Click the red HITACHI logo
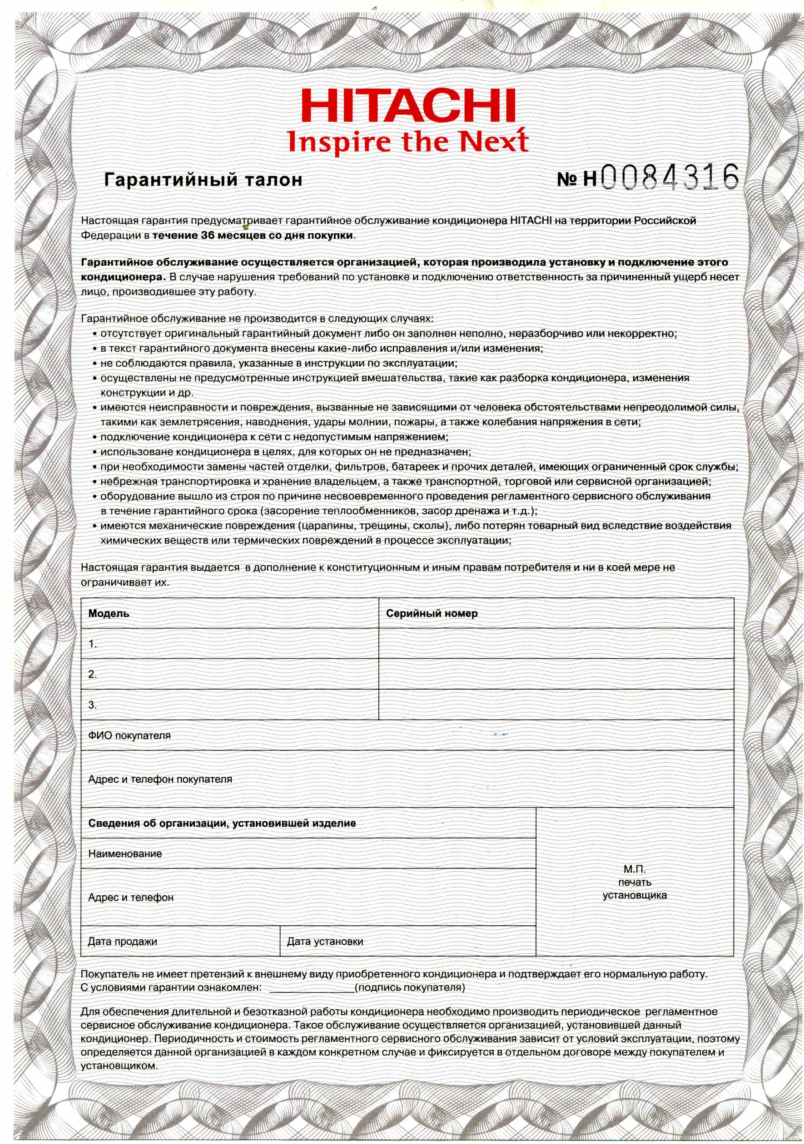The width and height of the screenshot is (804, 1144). tap(408, 105)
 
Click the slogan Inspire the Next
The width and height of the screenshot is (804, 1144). tap(408, 141)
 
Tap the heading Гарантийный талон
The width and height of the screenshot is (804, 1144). tap(203, 180)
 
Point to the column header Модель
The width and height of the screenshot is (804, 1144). tap(109, 613)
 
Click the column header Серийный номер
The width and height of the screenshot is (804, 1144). tap(432, 613)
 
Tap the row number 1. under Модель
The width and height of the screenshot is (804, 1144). tap(93, 644)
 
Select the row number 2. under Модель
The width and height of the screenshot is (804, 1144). tap(93, 674)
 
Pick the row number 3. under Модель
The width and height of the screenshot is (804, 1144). tap(93, 705)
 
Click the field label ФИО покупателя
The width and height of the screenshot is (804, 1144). tap(129, 735)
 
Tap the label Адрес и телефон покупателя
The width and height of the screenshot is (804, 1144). tap(160, 779)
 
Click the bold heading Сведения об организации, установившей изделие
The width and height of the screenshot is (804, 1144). tap(222, 823)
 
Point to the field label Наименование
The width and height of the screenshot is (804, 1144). tap(125, 853)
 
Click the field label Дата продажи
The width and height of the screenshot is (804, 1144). tap(122, 942)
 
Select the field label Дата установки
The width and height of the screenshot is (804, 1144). tap(325, 942)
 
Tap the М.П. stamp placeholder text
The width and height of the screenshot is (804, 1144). tap(635, 883)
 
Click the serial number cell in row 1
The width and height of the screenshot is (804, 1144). tap(556, 643)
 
